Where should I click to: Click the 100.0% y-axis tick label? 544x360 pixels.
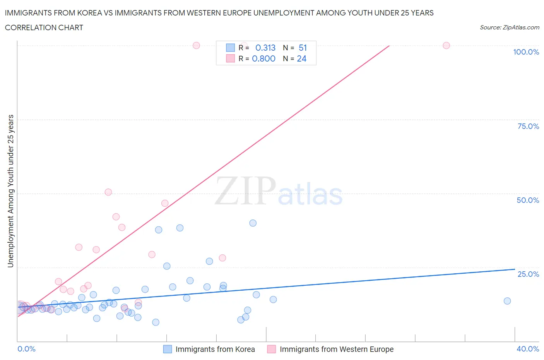pos(526,52)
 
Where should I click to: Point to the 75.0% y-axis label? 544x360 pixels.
pos(528,126)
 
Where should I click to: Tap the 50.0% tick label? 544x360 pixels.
pos(528,200)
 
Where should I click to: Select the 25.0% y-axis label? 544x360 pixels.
pos(528,274)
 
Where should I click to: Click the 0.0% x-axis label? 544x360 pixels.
pos(26,349)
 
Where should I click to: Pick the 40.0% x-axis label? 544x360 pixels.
pos(528,349)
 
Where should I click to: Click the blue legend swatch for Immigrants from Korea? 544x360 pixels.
pos(168,349)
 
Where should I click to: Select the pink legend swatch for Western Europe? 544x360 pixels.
pos(272,349)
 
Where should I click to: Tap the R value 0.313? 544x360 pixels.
pos(265,48)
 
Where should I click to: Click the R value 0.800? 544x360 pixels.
pos(263,58)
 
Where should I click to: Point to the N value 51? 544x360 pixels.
pos(303,48)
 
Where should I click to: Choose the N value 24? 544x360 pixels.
pos(301,58)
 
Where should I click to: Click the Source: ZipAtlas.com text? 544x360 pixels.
pos(509,27)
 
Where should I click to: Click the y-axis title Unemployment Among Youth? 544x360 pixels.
pos(10,191)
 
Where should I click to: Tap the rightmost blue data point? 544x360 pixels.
pos(507,301)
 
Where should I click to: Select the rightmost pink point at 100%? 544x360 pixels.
pos(446,45)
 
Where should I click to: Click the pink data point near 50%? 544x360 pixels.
pos(108,192)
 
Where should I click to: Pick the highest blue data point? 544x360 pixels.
pos(253,223)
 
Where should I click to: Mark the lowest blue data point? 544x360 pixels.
pos(156,322)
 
